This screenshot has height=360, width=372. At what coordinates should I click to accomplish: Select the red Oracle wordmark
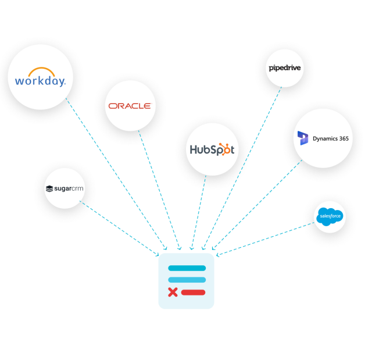[x=129, y=106]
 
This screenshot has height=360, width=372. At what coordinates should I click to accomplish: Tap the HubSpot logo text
[x=212, y=149]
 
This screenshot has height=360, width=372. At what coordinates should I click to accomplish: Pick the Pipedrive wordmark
[x=285, y=68]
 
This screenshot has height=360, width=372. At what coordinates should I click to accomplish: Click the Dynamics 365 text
[x=331, y=138]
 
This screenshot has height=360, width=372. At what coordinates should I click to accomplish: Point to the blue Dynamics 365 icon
[x=303, y=138]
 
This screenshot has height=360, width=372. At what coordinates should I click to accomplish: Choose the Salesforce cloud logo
[x=330, y=217]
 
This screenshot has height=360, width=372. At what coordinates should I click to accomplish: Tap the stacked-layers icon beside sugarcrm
[x=49, y=188]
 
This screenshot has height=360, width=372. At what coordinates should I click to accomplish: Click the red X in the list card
[x=173, y=292]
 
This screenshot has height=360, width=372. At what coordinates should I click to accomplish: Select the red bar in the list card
[x=193, y=292]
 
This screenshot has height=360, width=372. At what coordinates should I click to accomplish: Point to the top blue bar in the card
[x=187, y=268]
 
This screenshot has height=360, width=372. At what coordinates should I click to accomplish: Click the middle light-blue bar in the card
[x=187, y=280]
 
